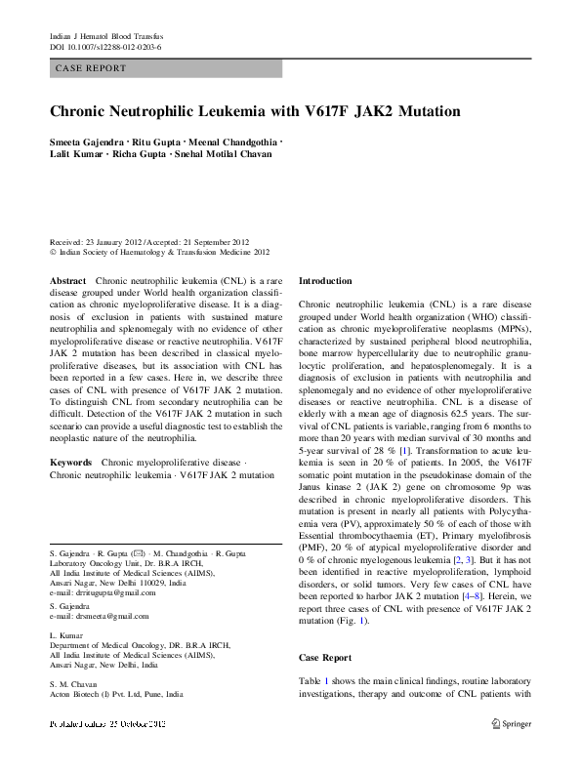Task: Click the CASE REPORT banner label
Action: tap(91, 68)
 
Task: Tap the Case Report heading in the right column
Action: tap(324, 658)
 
